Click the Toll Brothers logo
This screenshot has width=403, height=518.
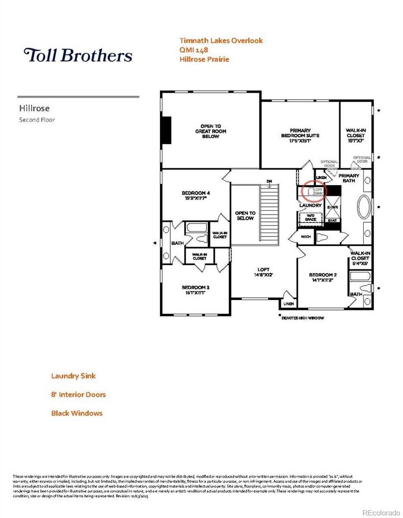point(78,55)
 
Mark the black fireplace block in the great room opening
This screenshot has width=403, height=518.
point(166,130)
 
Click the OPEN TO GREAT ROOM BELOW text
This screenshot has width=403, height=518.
point(210,131)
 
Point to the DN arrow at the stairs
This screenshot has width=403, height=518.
point(269,182)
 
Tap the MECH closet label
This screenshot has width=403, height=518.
point(306,237)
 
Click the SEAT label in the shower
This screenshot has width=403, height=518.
point(332,220)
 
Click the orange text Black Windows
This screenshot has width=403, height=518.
point(77,413)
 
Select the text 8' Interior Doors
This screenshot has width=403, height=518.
point(78,394)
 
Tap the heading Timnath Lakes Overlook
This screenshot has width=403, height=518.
point(221,40)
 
